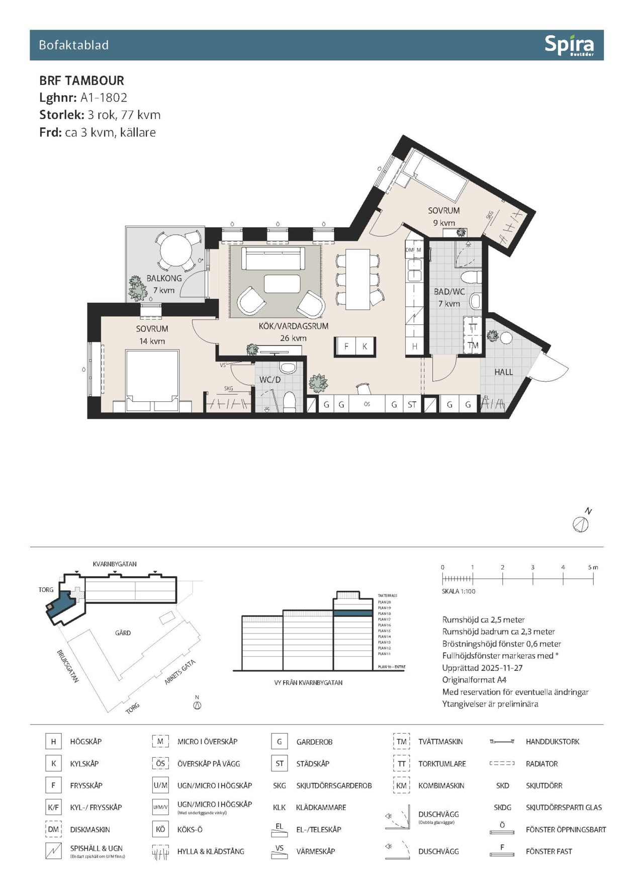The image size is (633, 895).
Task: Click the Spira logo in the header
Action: pyautogui.click(x=569, y=45)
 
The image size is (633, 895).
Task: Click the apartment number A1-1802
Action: pyautogui.click(x=104, y=98)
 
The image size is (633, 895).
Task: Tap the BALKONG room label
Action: pyautogui.click(x=164, y=278)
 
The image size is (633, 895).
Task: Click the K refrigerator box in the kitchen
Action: pyautogui.click(x=365, y=346)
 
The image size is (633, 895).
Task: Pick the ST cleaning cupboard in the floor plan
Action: pyautogui.click(x=412, y=404)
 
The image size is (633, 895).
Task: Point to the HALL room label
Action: pyautogui.click(x=503, y=372)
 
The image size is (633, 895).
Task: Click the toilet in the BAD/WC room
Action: pyautogui.click(x=471, y=277)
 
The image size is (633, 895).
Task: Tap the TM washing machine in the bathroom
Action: pyautogui.click(x=473, y=345)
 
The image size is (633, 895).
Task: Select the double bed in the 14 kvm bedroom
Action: pyautogui.click(x=152, y=380)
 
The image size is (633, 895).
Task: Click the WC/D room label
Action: pyautogui.click(x=270, y=380)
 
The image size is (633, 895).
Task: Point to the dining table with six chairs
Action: pyautogui.click(x=357, y=280)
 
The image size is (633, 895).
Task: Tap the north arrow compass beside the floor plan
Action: pyautogui.click(x=581, y=524)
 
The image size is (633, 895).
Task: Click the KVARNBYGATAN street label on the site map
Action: pyautogui.click(x=115, y=564)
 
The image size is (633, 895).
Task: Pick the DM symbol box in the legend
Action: pyautogui.click(x=53, y=830)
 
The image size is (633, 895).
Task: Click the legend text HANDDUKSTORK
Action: pyautogui.click(x=552, y=742)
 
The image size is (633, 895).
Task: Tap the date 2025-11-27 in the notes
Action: pyautogui.click(x=502, y=668)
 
